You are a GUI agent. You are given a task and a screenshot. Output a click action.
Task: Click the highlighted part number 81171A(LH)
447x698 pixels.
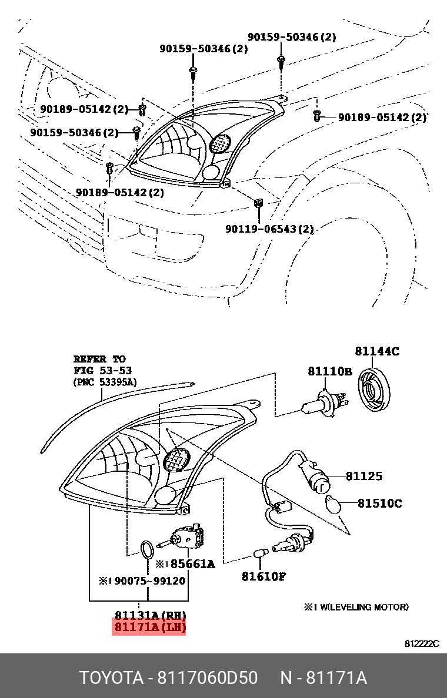tap(150, 627)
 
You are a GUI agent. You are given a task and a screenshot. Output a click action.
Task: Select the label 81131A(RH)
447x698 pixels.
tap(150, 615)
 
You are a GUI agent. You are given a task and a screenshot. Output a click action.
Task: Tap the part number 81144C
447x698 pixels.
tap(376, 351)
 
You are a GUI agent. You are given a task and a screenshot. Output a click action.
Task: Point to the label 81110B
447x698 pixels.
tap(329, 371)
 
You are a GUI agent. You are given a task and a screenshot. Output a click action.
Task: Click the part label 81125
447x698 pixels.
tap(363, 476)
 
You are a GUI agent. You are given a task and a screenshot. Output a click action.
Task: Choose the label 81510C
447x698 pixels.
tap(381, 504)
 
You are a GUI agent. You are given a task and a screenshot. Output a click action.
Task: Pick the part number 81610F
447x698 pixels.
tap(263, 576)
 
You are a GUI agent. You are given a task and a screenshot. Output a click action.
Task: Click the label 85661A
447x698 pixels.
tap(189, 564)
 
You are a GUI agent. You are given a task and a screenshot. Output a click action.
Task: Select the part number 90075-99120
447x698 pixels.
tap(149, 580)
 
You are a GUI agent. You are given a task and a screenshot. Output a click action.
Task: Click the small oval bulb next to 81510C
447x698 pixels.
tap(333, 504)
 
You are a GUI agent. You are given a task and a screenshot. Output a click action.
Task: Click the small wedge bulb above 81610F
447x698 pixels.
tap(259, 553)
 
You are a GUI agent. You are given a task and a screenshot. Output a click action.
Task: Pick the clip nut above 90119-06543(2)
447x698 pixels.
tap(258, 204)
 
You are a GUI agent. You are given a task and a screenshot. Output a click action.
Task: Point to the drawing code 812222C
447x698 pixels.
tap(421, 644)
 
